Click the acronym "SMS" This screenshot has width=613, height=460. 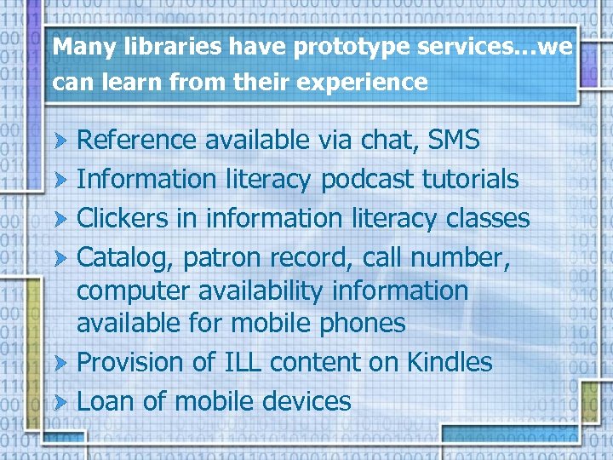(x=454, y=140)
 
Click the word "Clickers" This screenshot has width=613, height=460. (x=123, y=218)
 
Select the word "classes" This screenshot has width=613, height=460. (x=487, y=218)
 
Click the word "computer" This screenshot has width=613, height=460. (x=127, y=290)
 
